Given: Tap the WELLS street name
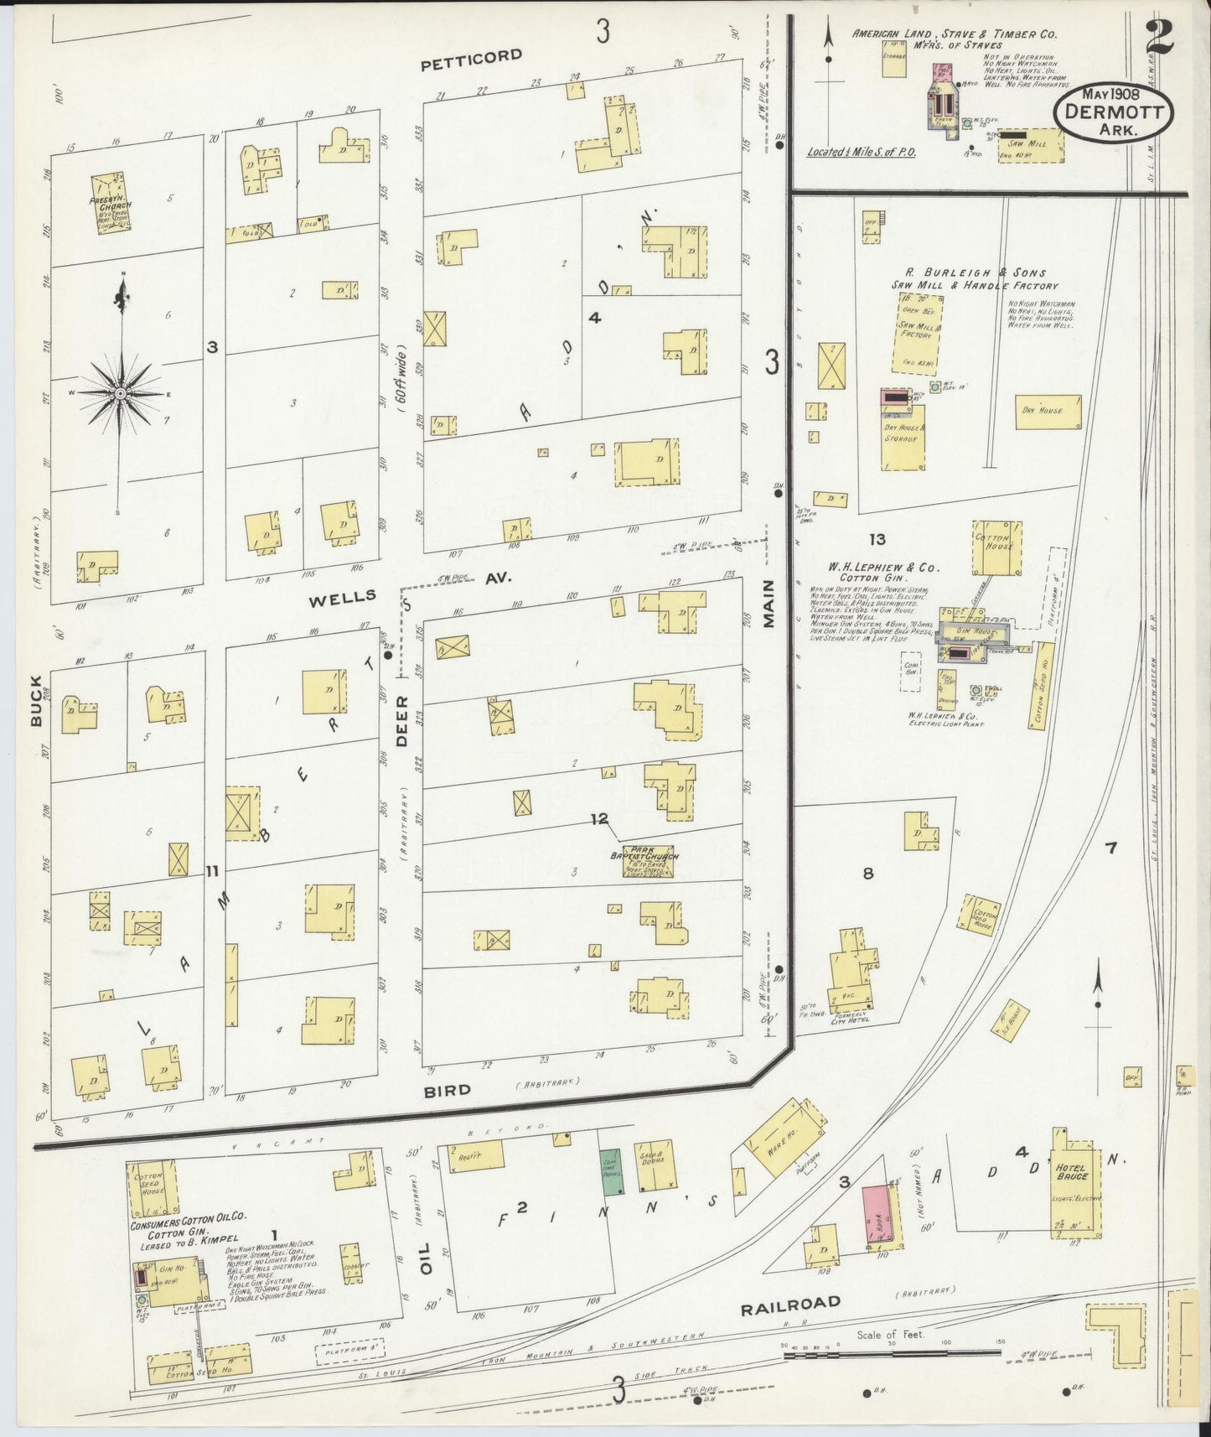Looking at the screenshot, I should [342, 598].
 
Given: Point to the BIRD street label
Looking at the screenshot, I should [447, 1090].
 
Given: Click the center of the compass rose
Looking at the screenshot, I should [120, 393].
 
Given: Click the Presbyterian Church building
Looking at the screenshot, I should [110, 204].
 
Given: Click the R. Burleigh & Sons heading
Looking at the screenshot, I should [974, 278].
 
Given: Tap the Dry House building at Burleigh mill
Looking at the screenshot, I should [1048, 411].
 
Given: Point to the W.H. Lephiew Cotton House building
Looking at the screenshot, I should [996, 547].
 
